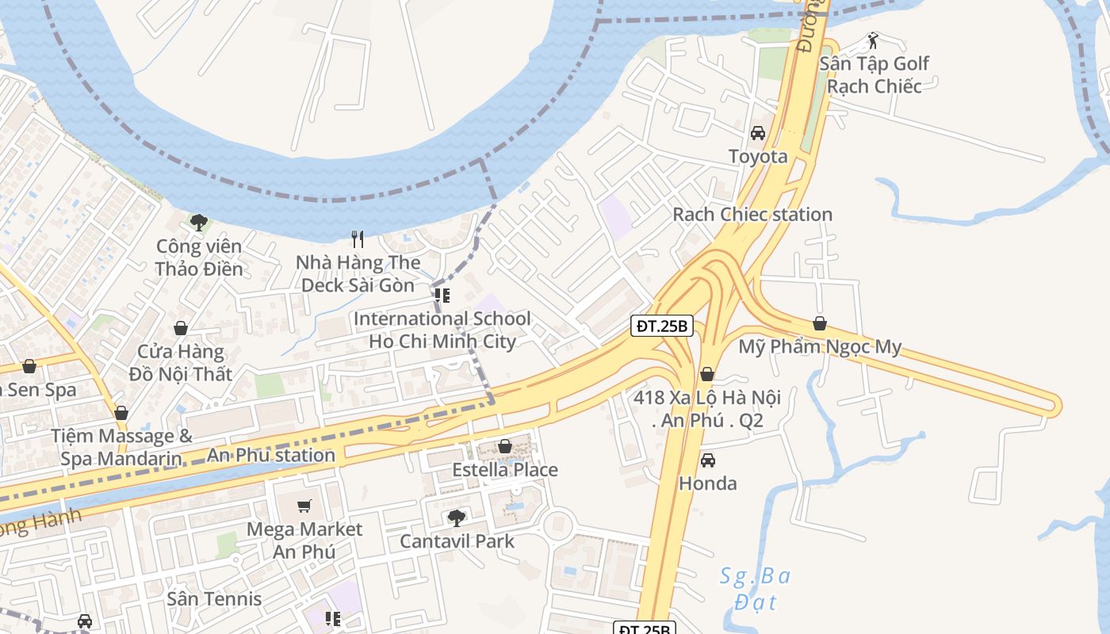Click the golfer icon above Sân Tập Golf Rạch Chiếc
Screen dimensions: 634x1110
point(873,40)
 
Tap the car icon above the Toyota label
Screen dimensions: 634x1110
point(758,133)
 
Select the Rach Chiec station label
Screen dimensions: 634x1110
point(752,214)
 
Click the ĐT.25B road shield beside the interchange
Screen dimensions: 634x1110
point(663,326)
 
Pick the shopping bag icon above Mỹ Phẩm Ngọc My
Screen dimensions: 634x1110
point(820,323)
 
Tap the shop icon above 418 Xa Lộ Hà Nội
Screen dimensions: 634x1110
point(707,374)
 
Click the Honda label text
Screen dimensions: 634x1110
point(707,483)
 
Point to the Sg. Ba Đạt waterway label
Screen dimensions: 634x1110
point(754,587)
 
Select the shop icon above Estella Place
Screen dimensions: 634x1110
point(504,447)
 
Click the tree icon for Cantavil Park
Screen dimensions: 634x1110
point(456,518)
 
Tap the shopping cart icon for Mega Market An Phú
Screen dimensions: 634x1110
point(304,506)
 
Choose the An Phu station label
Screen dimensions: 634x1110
point(270,455)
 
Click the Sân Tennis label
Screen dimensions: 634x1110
point(214,598)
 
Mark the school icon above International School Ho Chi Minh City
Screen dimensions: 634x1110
point(442,296)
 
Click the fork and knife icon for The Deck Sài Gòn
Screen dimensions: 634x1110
point(358,239)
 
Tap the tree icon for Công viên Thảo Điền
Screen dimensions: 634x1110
point(198,223)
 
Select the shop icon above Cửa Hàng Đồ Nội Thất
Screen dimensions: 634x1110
point(181,328)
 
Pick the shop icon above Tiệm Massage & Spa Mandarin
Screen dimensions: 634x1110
point(121,413)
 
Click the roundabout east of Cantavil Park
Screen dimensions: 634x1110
point(559,525)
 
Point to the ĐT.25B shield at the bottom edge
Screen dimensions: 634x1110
point(644,628)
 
